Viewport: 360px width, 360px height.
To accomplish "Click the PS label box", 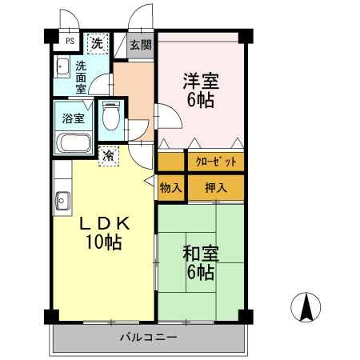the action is [70, 41].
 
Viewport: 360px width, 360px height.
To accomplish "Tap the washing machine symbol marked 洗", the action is [98, 44].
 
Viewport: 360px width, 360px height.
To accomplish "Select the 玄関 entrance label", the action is [141, 45].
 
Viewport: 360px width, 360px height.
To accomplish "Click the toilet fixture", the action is [111, 116].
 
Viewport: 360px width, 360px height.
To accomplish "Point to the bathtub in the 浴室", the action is [73, 142].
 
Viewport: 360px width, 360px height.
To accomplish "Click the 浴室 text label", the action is [74, 118].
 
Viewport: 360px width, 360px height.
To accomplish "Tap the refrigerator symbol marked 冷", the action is [109, 156].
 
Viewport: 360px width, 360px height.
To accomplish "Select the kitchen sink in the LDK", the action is [62, 201].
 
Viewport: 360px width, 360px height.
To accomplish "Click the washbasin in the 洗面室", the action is [62, 66].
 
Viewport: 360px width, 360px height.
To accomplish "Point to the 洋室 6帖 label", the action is [201, 90].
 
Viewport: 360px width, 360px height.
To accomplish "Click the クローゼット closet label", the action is [216, 162].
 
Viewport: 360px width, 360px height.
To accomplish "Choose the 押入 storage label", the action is [216, 188].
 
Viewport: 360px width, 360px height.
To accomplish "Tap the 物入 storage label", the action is [171, 188].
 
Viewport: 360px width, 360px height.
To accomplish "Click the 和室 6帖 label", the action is [201, 262].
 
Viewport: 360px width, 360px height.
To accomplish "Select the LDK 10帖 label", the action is [105, 233].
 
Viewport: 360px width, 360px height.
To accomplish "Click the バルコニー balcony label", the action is [149, 338].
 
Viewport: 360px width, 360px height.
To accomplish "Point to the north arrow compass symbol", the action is [306, 307].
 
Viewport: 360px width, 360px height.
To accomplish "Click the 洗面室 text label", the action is [81, 78].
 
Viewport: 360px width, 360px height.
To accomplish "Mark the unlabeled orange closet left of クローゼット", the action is [170, 162].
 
